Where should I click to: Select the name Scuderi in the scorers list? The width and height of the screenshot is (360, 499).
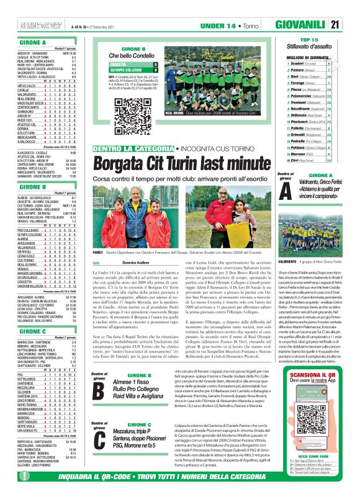[292, 63]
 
